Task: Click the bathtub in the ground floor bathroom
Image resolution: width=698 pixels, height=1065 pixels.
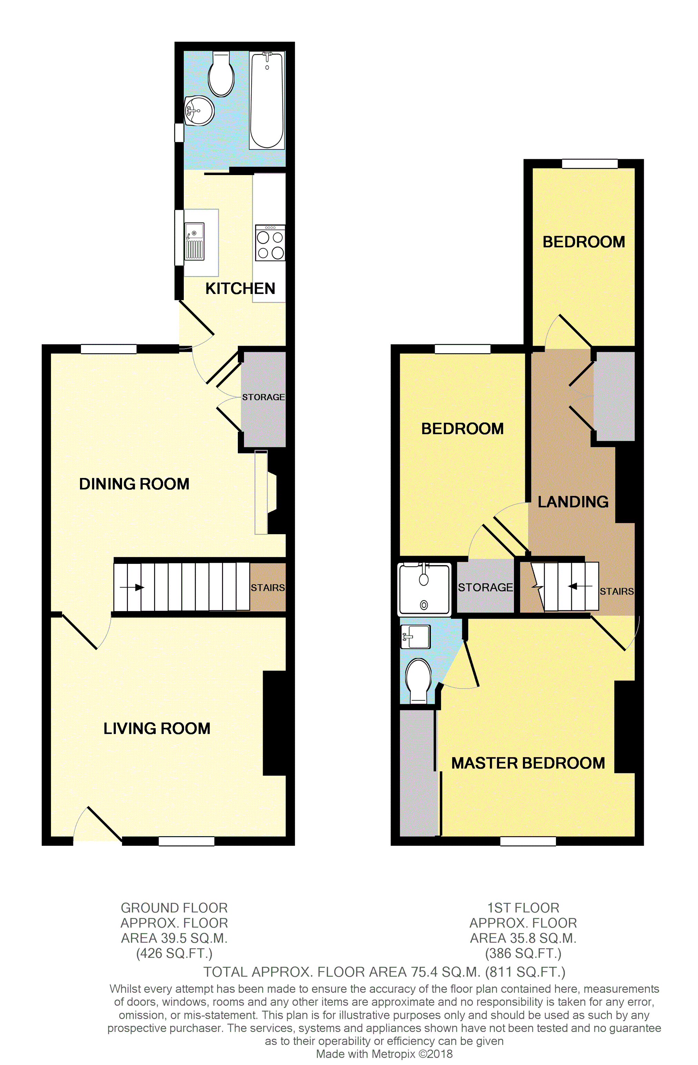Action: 267,100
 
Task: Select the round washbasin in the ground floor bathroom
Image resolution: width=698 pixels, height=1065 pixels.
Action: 200,111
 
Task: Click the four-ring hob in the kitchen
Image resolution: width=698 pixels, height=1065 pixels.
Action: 270,243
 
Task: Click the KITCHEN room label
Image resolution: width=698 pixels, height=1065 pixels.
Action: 240,288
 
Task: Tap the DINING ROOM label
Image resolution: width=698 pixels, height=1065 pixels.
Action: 134,484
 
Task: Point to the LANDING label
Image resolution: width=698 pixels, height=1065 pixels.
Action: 573,502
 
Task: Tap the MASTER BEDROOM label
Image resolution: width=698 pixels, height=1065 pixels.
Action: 528,763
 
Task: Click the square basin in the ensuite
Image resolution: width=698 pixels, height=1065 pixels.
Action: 416,636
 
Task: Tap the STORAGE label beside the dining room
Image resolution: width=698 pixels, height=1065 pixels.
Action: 264,397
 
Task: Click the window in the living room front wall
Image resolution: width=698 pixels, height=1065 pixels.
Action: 186,841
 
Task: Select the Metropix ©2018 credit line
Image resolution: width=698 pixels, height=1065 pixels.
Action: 384,1054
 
